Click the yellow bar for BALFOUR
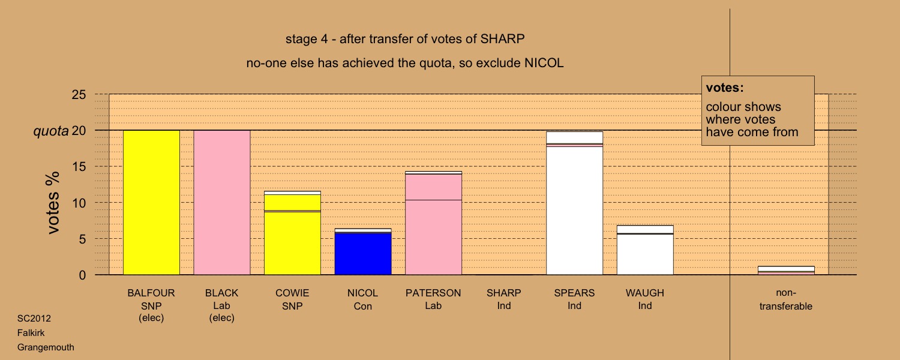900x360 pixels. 151,203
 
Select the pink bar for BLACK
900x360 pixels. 222,203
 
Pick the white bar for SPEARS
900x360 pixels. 575,203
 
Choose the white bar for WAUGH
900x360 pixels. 645,250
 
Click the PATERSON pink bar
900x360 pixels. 433,223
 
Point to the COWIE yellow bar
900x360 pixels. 292,233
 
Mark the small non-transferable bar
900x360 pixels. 786,271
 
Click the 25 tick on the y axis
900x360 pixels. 79,94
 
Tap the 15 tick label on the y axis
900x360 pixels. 79,166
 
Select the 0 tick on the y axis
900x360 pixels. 82,275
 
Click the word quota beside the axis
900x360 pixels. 51,131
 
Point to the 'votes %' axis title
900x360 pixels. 53,203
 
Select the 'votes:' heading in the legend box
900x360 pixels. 725,88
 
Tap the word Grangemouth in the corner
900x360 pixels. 46,347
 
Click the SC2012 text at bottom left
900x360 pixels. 34,319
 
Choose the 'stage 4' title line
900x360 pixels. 405,39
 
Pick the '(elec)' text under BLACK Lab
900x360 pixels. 222,318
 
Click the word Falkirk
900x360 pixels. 31,333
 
